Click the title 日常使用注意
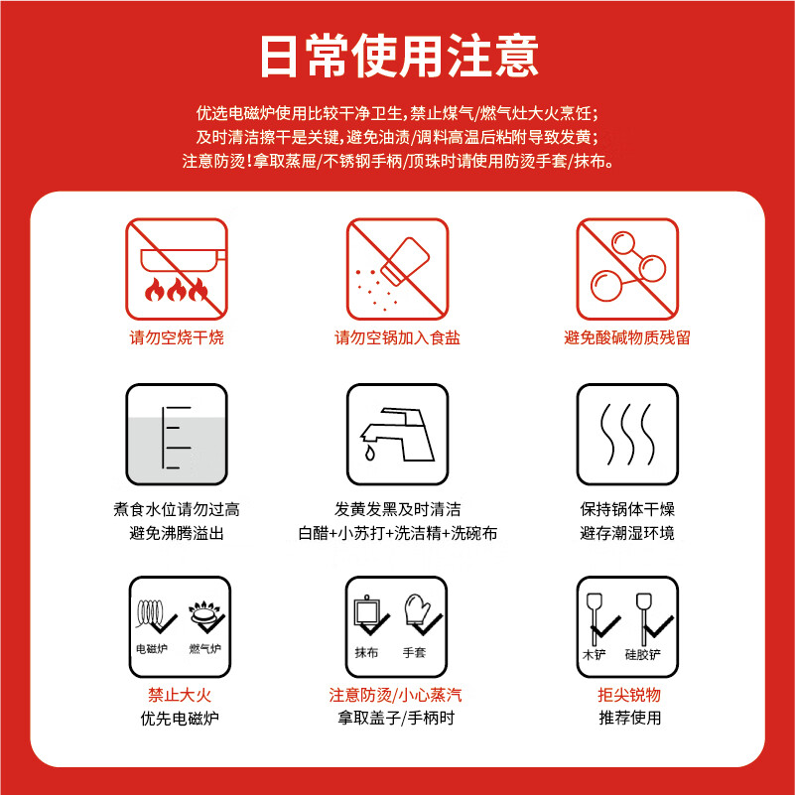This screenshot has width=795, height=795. tap(397, 56)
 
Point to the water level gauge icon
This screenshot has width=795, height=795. tap(176, 435)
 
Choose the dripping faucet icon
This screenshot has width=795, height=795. tap(397, 435)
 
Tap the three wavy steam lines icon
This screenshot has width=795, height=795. tap(627, 435)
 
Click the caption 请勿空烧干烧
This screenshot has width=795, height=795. tap(177, 337)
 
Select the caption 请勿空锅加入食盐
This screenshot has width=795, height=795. tap(397, 337)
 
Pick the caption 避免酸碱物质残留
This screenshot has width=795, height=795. tap(627, 337)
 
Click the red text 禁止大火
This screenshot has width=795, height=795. tap(177, 694)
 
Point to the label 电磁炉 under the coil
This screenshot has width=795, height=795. tap(151, 649)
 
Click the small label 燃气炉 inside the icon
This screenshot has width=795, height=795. tap(204, 649)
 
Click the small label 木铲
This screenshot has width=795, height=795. tap(594, 654)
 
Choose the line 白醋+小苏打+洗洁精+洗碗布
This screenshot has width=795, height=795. tap(397, 533)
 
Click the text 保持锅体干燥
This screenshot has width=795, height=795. tap(627, 509)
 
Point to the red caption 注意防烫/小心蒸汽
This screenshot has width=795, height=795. tap(397, 694)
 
